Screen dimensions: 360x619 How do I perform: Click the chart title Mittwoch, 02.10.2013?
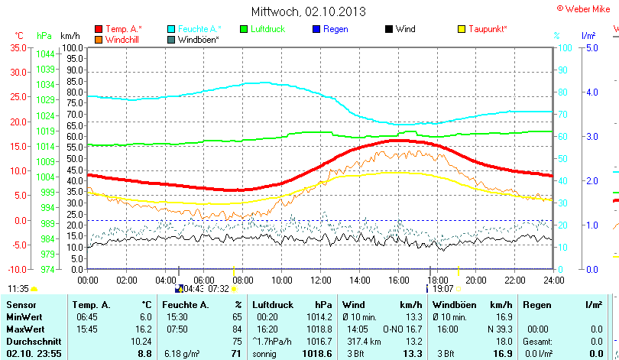308,11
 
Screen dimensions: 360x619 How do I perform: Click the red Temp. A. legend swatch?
99,29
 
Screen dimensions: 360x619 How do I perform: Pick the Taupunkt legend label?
488,29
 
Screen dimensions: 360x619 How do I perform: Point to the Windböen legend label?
199,39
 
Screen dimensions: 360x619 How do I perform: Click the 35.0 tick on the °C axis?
17,47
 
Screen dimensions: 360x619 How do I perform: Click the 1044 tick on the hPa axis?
45,54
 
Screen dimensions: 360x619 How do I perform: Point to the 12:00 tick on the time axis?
319,281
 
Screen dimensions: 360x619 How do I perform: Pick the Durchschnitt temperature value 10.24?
142,341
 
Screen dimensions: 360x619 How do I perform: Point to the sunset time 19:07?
443,289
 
